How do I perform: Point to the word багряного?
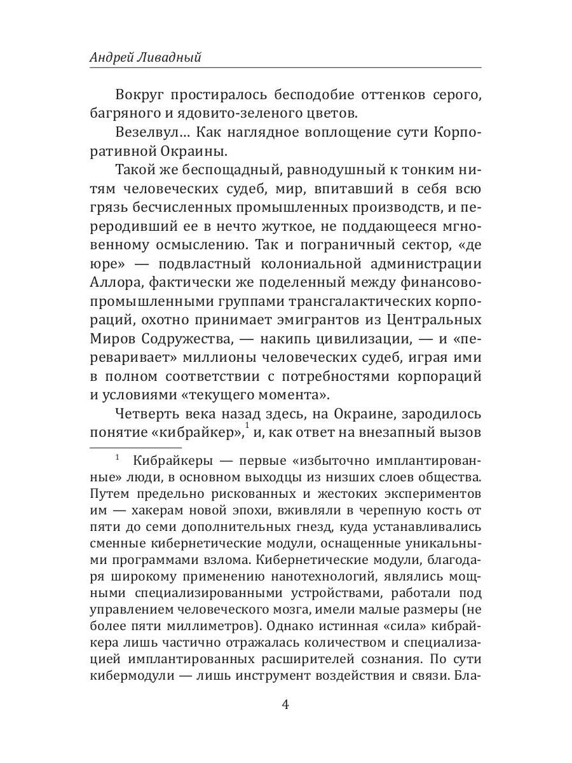(125, 114)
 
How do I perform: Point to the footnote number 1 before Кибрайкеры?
(118, 457)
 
